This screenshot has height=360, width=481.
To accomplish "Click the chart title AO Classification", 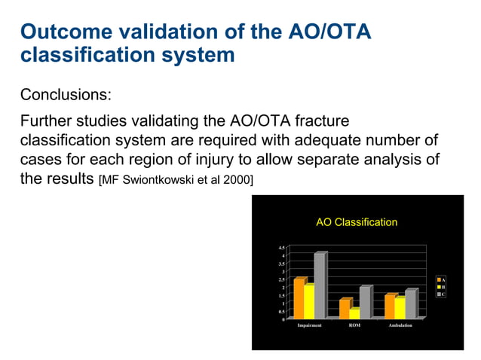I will tap(356, 222).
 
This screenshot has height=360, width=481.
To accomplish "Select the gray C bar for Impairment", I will tap(319, 286).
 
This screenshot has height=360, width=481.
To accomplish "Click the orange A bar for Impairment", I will tap(299, 299).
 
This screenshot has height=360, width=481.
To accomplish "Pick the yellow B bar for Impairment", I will tap(309, 302).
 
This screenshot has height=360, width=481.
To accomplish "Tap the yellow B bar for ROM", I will tap(354, 313).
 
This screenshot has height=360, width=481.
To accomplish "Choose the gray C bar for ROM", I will tap(364, 303).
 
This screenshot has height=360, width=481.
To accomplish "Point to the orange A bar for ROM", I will tap(345, 309).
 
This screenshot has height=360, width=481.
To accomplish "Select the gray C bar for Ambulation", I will tap(410, 304).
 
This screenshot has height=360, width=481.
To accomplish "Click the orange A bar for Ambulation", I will tap(390, 307).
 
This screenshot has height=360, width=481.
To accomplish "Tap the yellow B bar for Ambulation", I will tap(400, 308).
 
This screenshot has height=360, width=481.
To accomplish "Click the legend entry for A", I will tap(442, 280).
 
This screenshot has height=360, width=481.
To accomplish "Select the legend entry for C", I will tap(442, 294).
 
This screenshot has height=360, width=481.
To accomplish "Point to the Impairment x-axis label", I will tap(310, 325).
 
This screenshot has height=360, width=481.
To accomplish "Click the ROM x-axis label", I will tap(355, 325).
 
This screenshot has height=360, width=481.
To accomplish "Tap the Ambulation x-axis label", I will tap(400, 325).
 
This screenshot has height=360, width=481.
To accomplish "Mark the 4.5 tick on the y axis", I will tap(281, 247).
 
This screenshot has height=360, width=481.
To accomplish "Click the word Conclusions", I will tap(66, 95).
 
